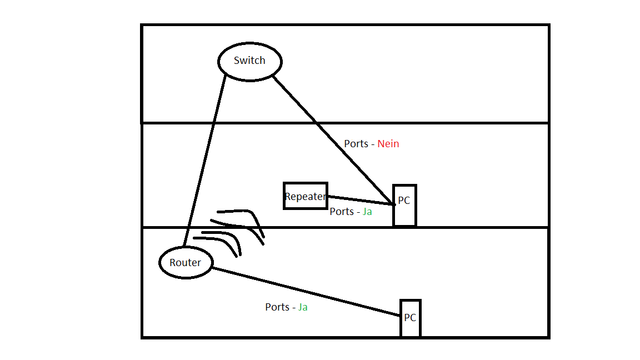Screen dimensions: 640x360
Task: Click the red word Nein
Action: pyautogui.click(x=388, y=144)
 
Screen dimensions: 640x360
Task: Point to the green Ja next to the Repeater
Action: pyautogui.click(x=367, y=212)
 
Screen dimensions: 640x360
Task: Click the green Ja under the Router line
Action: pyautogui.click(x=302, y=307)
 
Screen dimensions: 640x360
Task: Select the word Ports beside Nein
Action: pyautogui.click(x=356, y=144)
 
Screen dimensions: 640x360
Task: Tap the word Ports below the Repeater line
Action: pyautogui.click(x=342, y=212)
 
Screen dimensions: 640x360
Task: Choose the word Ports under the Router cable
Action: pyautogui.click(x=277, y=307)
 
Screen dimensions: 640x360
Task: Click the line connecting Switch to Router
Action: pyautogui.click(x=204, y=161)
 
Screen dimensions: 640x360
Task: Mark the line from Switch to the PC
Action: pyautogui.click(x=333, y=141)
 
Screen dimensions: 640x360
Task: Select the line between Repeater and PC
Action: pyautogui.click(x=361, y=200)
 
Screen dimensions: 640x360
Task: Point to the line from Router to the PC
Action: pyautogui.click(x=306, y=292)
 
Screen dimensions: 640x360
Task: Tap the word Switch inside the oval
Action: pyautogui.click(x=249, y=61)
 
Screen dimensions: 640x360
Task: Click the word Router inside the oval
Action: pyautogui.click(x=186, y=262)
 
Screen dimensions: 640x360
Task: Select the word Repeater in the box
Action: pyautogui.click(x=306, y=196)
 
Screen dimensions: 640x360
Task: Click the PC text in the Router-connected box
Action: pyautogui.click(x=410, y=318)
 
